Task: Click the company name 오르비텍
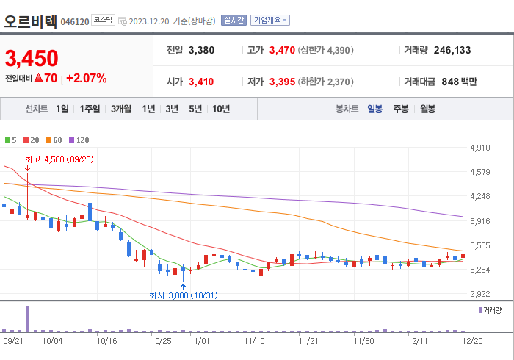click(x=30, y=20)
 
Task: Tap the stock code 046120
click(x=75, y=22)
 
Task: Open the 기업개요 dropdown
click(x=270, y=21)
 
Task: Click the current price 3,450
click(x=32, y=58)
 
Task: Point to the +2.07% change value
click(x=87, y=78)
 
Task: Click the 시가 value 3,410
click(x=201, y=82)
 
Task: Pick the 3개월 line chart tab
click(x=121, y=109)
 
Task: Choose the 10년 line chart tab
click(x=220, y=109)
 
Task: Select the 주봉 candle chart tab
click(x=401, y=109)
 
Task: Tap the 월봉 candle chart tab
click(x=427, y=109)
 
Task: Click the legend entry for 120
click(x=79, y=140)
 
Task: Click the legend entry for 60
click(x=55, y=140)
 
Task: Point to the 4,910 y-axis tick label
click(x=479, y=148)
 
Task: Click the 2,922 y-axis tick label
click(x=479, y=294)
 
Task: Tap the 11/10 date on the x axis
click(x=254, y=341)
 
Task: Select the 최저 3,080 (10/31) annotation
click(x=183, y=295)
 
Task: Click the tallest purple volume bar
click(x=28, y=318)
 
